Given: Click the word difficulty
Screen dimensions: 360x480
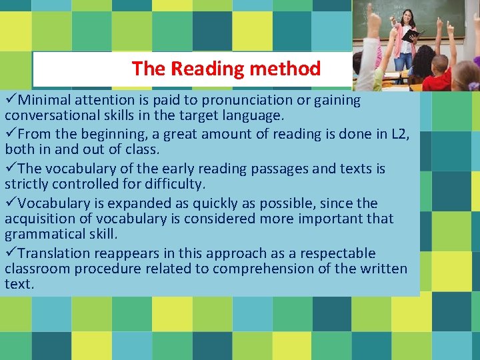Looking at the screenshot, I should (x=181, y=185).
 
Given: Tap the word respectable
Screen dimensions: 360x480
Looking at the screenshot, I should (x=337, y=254).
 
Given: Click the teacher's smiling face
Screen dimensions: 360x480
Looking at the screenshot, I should (x=406, y=15).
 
